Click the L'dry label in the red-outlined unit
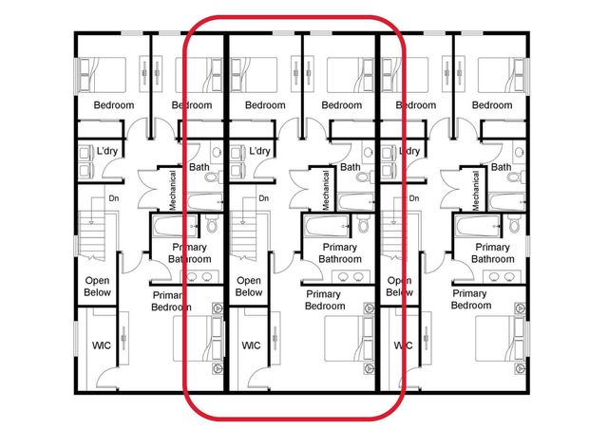[258, 152]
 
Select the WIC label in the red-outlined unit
[251, 346]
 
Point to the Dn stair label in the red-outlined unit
[264, 198]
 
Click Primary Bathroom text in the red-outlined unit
[339, 253]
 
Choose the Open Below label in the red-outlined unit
[249, 287]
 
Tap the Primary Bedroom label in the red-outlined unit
[325, 301]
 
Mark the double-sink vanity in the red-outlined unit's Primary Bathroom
[351, 277]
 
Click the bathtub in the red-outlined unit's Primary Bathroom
[326, 229]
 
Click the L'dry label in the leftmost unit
[107, 152]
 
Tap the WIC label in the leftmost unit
[101, 346]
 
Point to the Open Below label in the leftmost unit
[98, 287]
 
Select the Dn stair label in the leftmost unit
[113, 198]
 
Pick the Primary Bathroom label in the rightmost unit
[492, 253]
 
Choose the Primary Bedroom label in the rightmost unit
[471, 301]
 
